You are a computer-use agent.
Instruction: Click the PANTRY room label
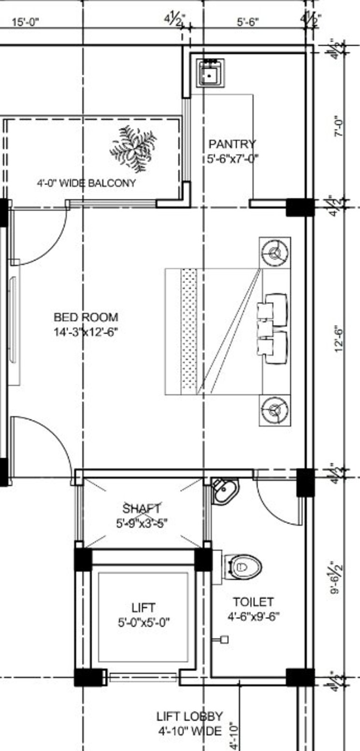(x=232, y=144)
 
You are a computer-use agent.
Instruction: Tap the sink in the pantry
(x=209, y=72)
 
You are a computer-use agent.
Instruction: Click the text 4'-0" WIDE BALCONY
(x=86, y=184)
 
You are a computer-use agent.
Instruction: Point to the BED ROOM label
(x=86, y=317)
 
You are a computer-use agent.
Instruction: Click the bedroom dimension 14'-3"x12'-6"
(x=86, y=332)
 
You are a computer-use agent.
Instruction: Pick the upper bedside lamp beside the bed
(x=275, y=251)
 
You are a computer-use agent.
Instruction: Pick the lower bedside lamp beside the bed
(x=275, y=411)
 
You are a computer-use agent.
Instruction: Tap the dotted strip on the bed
(x=189, y=332)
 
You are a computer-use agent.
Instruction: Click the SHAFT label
(x=142, y=509)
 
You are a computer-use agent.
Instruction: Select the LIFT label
(x=144, y=608)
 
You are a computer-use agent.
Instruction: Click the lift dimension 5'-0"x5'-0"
(x=144, y=623)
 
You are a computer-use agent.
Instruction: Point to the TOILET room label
(x=253, y=602)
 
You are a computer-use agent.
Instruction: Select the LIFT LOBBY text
(x=189, y=716)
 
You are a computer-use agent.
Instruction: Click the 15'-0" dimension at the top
(x=25, y=22)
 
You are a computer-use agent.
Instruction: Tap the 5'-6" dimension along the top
(x=248, y=22)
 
